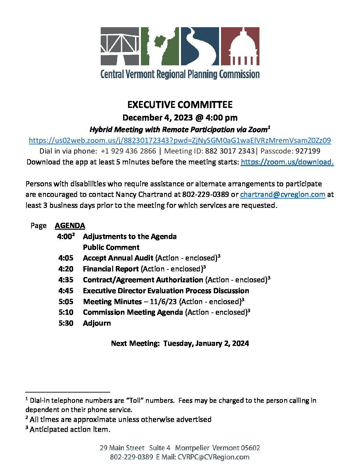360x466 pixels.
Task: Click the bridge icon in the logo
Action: tap(120, 46)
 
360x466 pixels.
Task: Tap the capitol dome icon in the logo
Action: tap(240, 46)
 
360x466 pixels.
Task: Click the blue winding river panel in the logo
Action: tap(200, 46)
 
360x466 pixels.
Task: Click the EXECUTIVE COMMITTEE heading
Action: tap(180, 105)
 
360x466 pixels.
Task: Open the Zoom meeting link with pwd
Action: tap(180, 140)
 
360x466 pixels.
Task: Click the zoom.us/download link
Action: tap(287, 162)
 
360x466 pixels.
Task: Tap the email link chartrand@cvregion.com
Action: tap(283, 194)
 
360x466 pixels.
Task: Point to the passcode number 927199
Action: tap(308, 151)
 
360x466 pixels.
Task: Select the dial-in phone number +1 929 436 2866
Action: tap(128, 151)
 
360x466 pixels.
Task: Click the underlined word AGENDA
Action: tap(70, 226)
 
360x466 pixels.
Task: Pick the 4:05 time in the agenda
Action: tap(66, 258)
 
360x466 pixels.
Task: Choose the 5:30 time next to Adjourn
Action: tap(66, 323)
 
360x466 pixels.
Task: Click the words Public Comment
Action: tap(111, 247)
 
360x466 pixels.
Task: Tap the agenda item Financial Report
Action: tap(111, 269)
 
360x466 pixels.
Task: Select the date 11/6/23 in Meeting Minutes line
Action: tap(163, 302)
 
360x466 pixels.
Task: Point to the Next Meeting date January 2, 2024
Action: tap(222, 343)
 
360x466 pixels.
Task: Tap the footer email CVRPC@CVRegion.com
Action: tap(213, 457)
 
